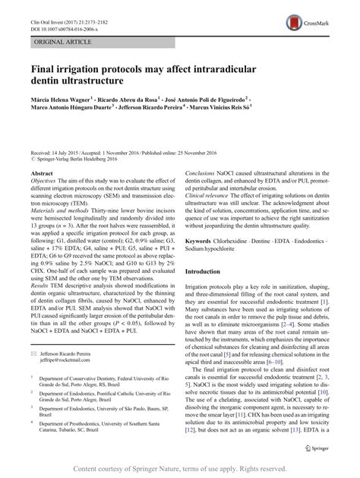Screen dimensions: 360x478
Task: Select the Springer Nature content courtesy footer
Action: (x=180, y=469)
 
